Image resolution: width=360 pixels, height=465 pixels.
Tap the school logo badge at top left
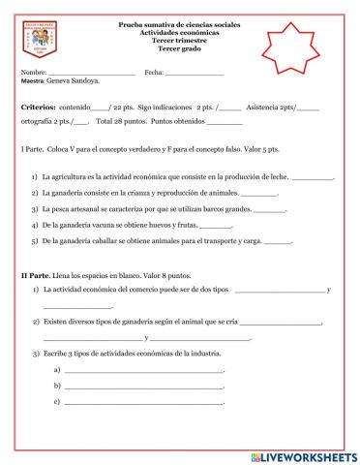click(x=46, y=46)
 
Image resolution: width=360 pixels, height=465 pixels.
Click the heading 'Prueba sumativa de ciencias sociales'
click(x=180, y=23)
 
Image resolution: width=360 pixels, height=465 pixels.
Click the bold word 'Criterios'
click(x=42, y=108)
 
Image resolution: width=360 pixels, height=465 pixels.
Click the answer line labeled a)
click(x=143, y=371)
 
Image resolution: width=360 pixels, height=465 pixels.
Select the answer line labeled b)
click(x=143, y=387)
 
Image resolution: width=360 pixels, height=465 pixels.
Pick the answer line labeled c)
click(x=143, y=401)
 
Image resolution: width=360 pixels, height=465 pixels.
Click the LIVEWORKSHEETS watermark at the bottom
click(x=303, y=455)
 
